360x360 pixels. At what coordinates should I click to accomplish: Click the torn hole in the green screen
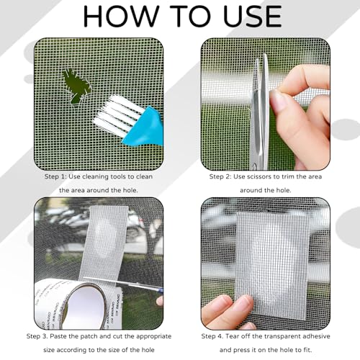(x=76, y=85)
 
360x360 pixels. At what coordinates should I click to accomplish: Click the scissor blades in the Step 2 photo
(x=261, y=108)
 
